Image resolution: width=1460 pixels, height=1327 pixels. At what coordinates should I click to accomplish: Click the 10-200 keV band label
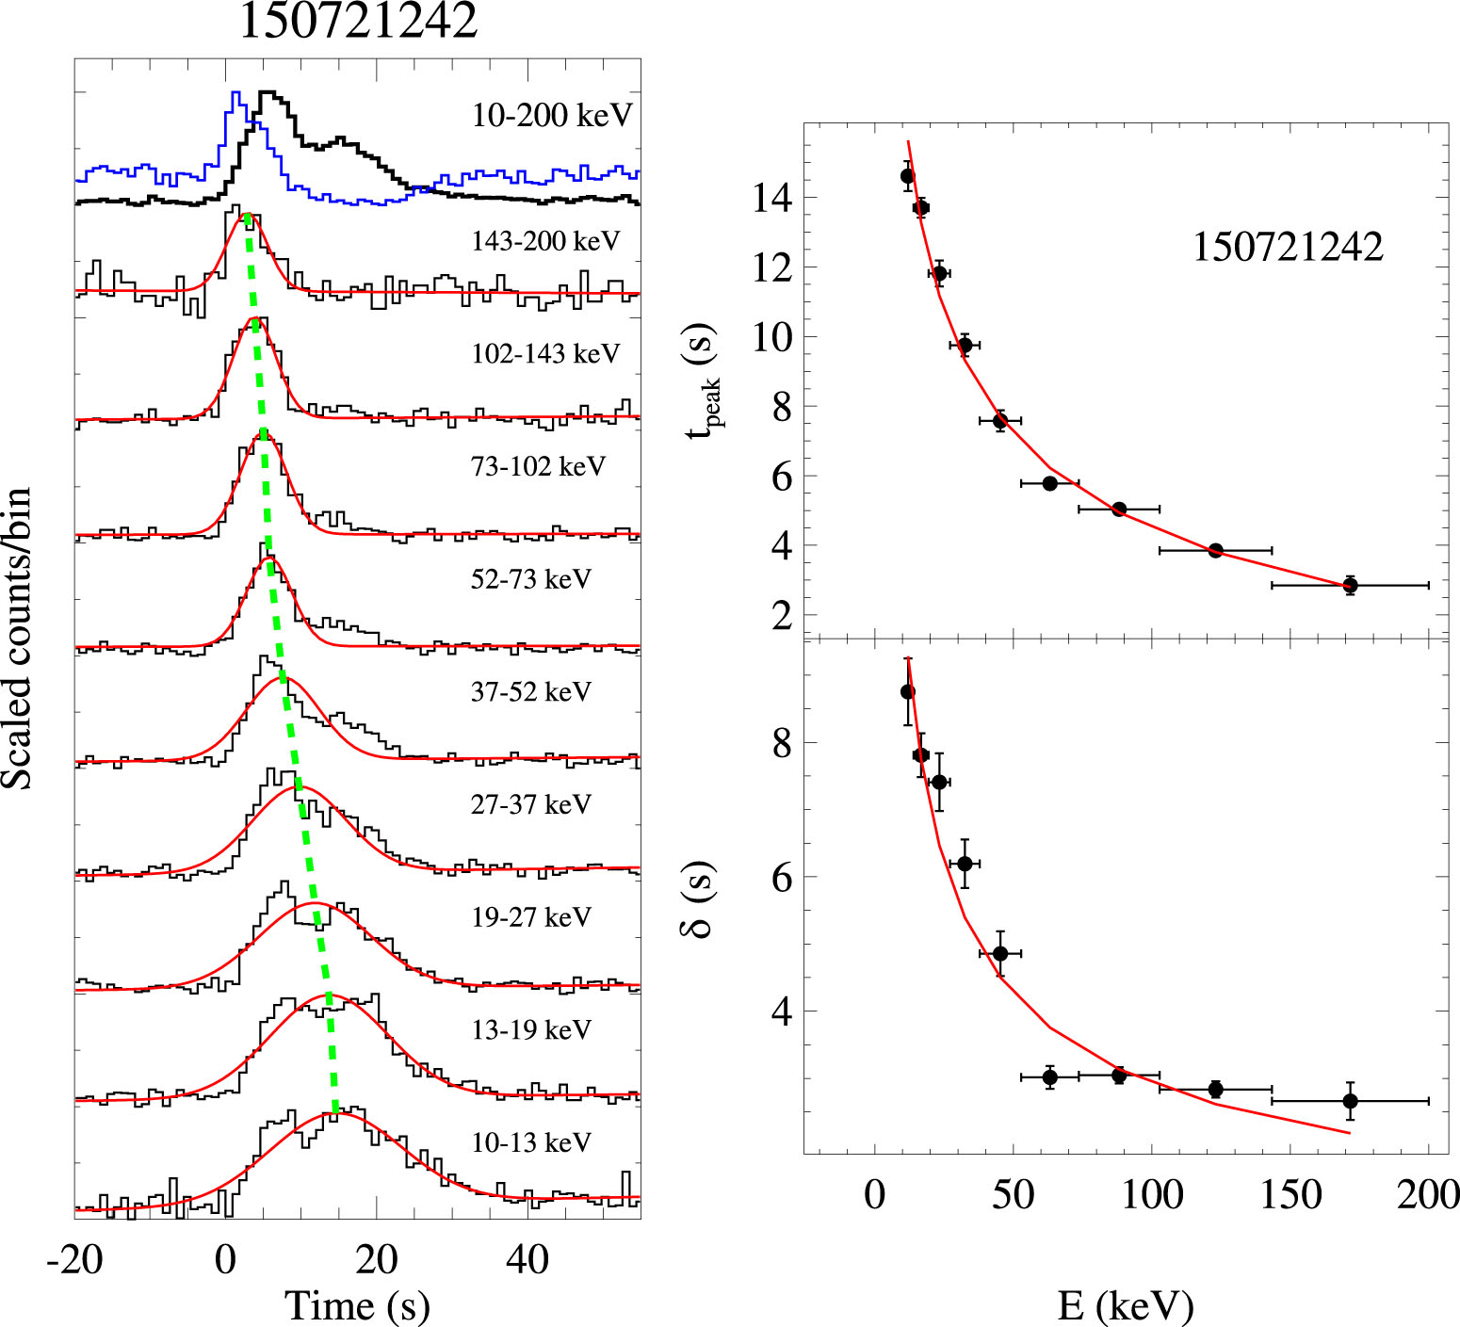552,116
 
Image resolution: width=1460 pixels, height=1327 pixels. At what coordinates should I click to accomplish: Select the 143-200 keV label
545,241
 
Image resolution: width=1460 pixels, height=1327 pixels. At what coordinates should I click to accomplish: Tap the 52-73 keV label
531,579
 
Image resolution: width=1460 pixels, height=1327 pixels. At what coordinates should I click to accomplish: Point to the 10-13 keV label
531,1142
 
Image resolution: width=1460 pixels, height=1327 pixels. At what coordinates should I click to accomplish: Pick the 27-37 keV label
531,804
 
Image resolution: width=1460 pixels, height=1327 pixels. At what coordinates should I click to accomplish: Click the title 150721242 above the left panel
358,21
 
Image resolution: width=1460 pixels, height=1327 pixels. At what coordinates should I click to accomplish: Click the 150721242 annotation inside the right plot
1288,247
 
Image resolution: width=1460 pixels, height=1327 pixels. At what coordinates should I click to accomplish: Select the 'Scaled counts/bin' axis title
17,639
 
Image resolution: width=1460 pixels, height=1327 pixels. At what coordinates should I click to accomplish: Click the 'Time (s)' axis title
357,1305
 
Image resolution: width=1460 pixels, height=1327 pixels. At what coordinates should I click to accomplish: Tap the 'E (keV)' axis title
1126,1305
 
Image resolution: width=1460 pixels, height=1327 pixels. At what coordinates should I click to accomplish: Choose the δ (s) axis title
698,899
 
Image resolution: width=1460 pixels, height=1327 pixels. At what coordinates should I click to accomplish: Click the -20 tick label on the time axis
74,1259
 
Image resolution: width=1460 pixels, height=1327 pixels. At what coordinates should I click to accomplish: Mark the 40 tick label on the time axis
527,1259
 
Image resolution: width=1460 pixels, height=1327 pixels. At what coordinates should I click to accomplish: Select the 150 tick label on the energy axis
1290,1195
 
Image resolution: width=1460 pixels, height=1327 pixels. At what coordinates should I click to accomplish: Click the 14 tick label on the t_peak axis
771,199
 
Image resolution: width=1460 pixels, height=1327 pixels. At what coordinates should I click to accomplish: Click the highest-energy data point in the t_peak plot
1350,586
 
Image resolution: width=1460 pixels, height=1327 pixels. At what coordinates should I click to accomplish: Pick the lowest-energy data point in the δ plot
907,692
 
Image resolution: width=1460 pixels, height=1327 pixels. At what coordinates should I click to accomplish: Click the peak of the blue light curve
235,93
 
